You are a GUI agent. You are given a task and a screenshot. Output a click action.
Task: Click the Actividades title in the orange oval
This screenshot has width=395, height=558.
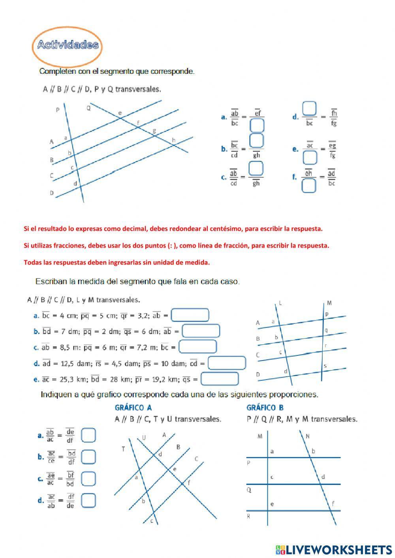(x=68, y=45)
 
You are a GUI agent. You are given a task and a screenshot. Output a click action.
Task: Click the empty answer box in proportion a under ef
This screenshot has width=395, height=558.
(x=257, y=126)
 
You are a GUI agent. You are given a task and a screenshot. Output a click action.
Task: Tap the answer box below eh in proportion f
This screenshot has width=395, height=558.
(x=308, y=185)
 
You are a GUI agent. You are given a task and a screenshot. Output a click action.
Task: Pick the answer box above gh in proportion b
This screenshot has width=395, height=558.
(x=257, y=141)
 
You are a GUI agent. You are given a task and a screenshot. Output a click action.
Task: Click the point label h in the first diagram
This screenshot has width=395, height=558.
(x=173, y=140)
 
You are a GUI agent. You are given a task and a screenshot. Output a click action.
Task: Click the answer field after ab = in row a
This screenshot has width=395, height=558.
(x=190, y=315)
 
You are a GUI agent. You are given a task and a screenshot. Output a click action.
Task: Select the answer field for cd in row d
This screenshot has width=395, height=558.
(x=227, y=363)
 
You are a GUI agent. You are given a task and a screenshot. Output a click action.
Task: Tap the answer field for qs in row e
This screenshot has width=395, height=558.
(x=220, y=379)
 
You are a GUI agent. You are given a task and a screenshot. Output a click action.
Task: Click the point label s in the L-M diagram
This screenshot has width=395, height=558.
(x=325, y=366)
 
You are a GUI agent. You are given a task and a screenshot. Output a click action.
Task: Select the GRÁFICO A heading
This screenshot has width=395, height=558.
(x=133, y=408)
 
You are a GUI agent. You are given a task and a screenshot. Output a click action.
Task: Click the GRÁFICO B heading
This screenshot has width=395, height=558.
(x=265, y=408)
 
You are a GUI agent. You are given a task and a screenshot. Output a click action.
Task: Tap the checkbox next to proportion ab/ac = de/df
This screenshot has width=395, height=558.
(x=88, y=436)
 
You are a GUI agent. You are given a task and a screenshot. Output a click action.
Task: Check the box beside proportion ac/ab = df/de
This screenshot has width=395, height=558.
(x=88, y=500)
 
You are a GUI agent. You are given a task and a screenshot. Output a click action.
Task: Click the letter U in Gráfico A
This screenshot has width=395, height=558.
(x=144, y=438)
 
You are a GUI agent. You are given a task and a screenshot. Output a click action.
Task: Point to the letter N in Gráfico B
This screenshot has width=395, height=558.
(x=307, y=436)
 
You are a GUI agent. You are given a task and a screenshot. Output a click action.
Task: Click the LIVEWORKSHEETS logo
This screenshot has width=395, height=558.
(x=334, y=549)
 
